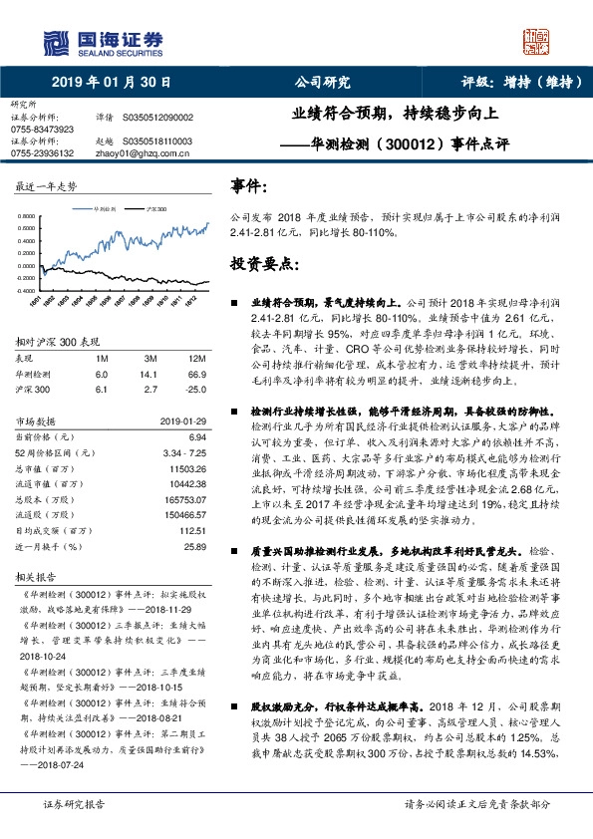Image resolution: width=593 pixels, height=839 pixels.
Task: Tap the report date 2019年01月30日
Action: (111, 82)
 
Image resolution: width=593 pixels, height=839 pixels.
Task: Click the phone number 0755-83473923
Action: (42, 130)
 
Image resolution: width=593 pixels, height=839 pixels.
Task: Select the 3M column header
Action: (150, 358)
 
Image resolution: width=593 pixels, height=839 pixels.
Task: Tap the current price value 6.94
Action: (196, 436)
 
